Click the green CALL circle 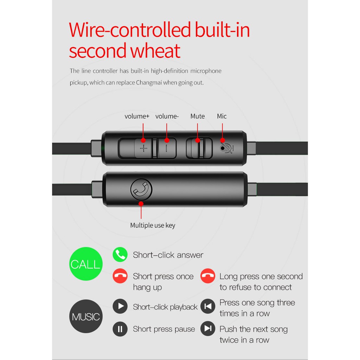point(86,264)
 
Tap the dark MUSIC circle point(86,316)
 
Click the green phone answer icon point(120,255)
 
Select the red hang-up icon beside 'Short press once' point(120,276)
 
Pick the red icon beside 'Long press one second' point(208,276)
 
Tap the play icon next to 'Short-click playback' point(120,306)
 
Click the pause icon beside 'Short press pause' point(120,329)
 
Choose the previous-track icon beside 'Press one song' point(208,306)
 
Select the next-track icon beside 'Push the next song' point(208,329)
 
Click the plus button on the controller point(143,148)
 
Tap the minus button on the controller point(167,148)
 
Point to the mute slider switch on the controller point(199,148)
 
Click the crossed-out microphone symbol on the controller point(226,148)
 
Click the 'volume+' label point(137,116)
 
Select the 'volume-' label point(167,116)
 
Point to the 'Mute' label point(198,116)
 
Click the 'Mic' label point(222,116)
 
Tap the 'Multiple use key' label point(153,225)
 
